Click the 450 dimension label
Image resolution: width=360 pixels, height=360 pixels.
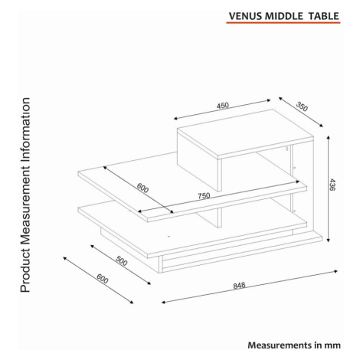pyautogui.click(x=223, y=106)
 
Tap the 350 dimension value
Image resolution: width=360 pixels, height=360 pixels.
pyautogui.click(x=302, y=106)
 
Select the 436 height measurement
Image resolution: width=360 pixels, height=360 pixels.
pyautogui.click(x=332, y=185)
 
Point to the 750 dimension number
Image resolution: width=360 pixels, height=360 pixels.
pyautogui.click(x=204, y=196)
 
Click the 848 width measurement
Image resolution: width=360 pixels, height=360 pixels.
pyautogui.click(x=239, y=285)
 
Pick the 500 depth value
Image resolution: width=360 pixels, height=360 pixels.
pyautogui.click(x=121, y=261)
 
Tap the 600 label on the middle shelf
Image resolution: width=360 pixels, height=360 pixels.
pyautogui.click(x=142, y=188)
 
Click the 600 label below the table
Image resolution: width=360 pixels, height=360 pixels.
pyautogui.click(x=103, y=279)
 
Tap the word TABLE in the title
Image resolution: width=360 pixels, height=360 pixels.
pyautogui.click(x=323, y=16)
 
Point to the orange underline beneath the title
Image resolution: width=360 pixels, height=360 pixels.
pyautogui.click(x=283, y=23)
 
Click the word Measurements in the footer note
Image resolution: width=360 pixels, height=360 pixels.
pyautogui.click(x=280, y=345)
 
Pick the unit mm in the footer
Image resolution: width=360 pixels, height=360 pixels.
pyautogui.click(x=332, y=345)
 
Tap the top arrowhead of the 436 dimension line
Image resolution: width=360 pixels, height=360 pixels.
pyautogui.click(x=329, y=138)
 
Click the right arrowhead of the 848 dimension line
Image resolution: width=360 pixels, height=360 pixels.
pyautogui.click(x=335, y=271)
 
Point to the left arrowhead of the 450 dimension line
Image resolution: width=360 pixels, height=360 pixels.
pyautogui.click(x=176, y=119)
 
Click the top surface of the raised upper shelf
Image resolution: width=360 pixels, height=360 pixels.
pyautogui.click(x=245, y=132)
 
